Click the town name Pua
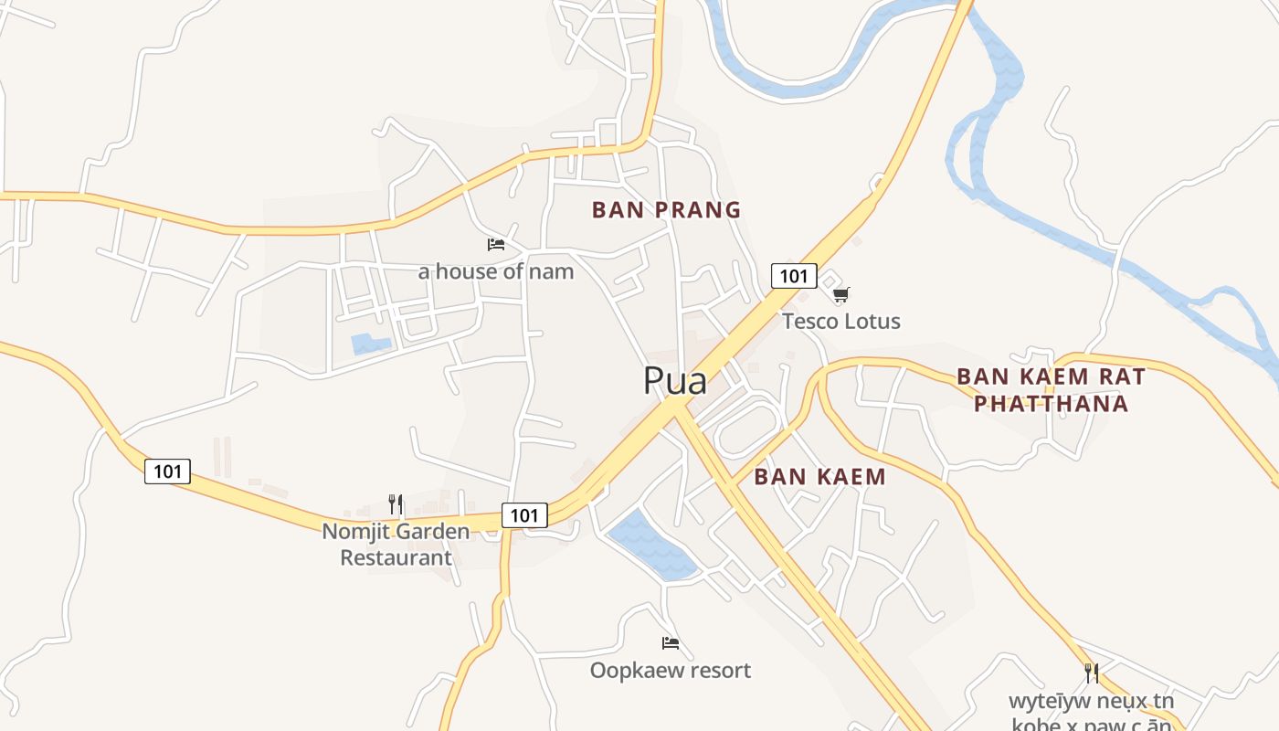[x=675, y=380]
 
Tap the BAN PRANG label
[x=666, y=210]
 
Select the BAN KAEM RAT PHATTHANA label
[x=1051, y=389]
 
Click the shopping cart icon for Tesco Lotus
[x=840, y=294]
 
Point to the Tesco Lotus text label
[x=840, y=322]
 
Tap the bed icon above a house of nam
[x=496, y=244]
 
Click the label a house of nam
[x=496, y=271]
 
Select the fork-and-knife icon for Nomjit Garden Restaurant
[x=396, y=503]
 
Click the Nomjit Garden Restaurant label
[x=396, y=544]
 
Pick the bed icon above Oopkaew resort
[x=671, y=643]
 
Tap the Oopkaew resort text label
[x=671, y=671]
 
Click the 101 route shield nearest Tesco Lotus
[x=793, y=276]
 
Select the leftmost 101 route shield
[x=167, y=471]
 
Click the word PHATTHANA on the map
[x=1051, y=403]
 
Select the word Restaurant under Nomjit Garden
[x=396, y=557]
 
